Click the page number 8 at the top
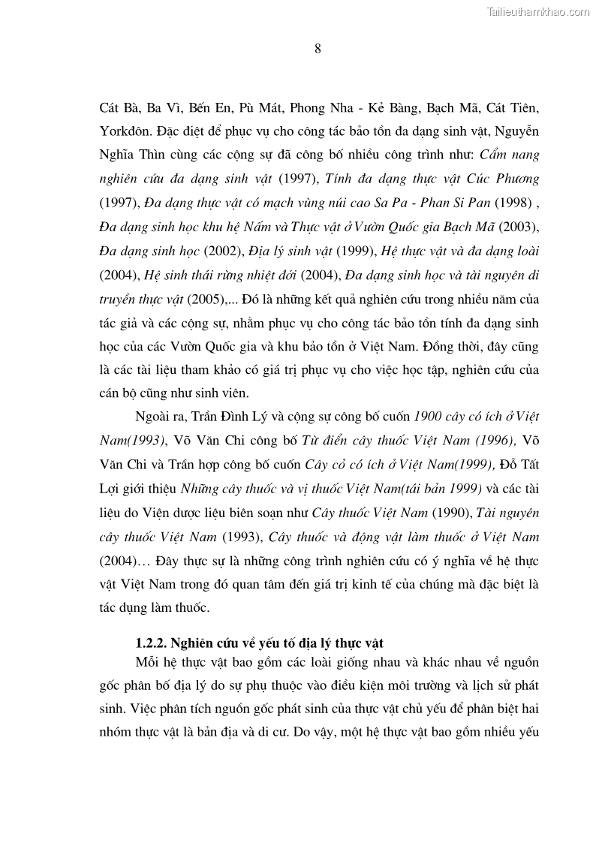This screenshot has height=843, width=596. (318, 49)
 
